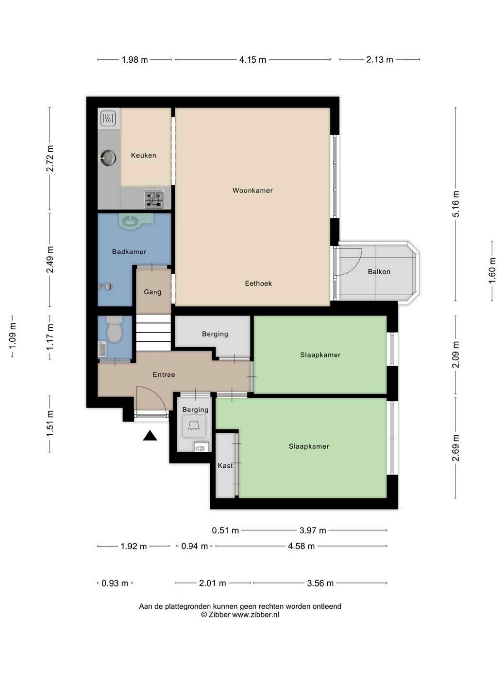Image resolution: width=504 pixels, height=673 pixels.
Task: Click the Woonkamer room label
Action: (252, 191)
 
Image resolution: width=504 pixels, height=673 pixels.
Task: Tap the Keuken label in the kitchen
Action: (144, 156)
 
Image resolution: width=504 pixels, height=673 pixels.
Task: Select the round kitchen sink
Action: (108, 158)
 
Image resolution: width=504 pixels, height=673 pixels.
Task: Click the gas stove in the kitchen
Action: (154, 198)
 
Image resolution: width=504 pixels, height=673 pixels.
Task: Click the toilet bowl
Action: (115, 330)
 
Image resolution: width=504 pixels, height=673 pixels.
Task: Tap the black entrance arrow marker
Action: (150, 436)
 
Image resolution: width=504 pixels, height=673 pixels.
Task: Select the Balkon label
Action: (379, 272)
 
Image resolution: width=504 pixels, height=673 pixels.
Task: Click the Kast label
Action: (225, 466)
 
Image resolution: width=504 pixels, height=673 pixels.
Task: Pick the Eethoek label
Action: (258, 283)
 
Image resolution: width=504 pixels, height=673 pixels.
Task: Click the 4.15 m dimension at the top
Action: (252, 60)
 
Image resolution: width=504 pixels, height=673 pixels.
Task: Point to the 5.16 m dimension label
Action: (455, 204)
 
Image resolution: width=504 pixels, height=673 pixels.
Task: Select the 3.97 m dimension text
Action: (312, 531)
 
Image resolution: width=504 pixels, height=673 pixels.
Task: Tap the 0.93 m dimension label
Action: (115, 583)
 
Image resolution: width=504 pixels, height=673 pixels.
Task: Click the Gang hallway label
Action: (152, 292)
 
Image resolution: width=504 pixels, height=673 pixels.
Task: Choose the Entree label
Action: (164, 374)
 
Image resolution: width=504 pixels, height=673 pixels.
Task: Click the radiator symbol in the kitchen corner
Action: (108, 118)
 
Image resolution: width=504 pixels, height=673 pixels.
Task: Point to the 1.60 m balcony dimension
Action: (492, 271)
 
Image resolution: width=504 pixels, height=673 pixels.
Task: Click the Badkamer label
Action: (129, 252)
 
